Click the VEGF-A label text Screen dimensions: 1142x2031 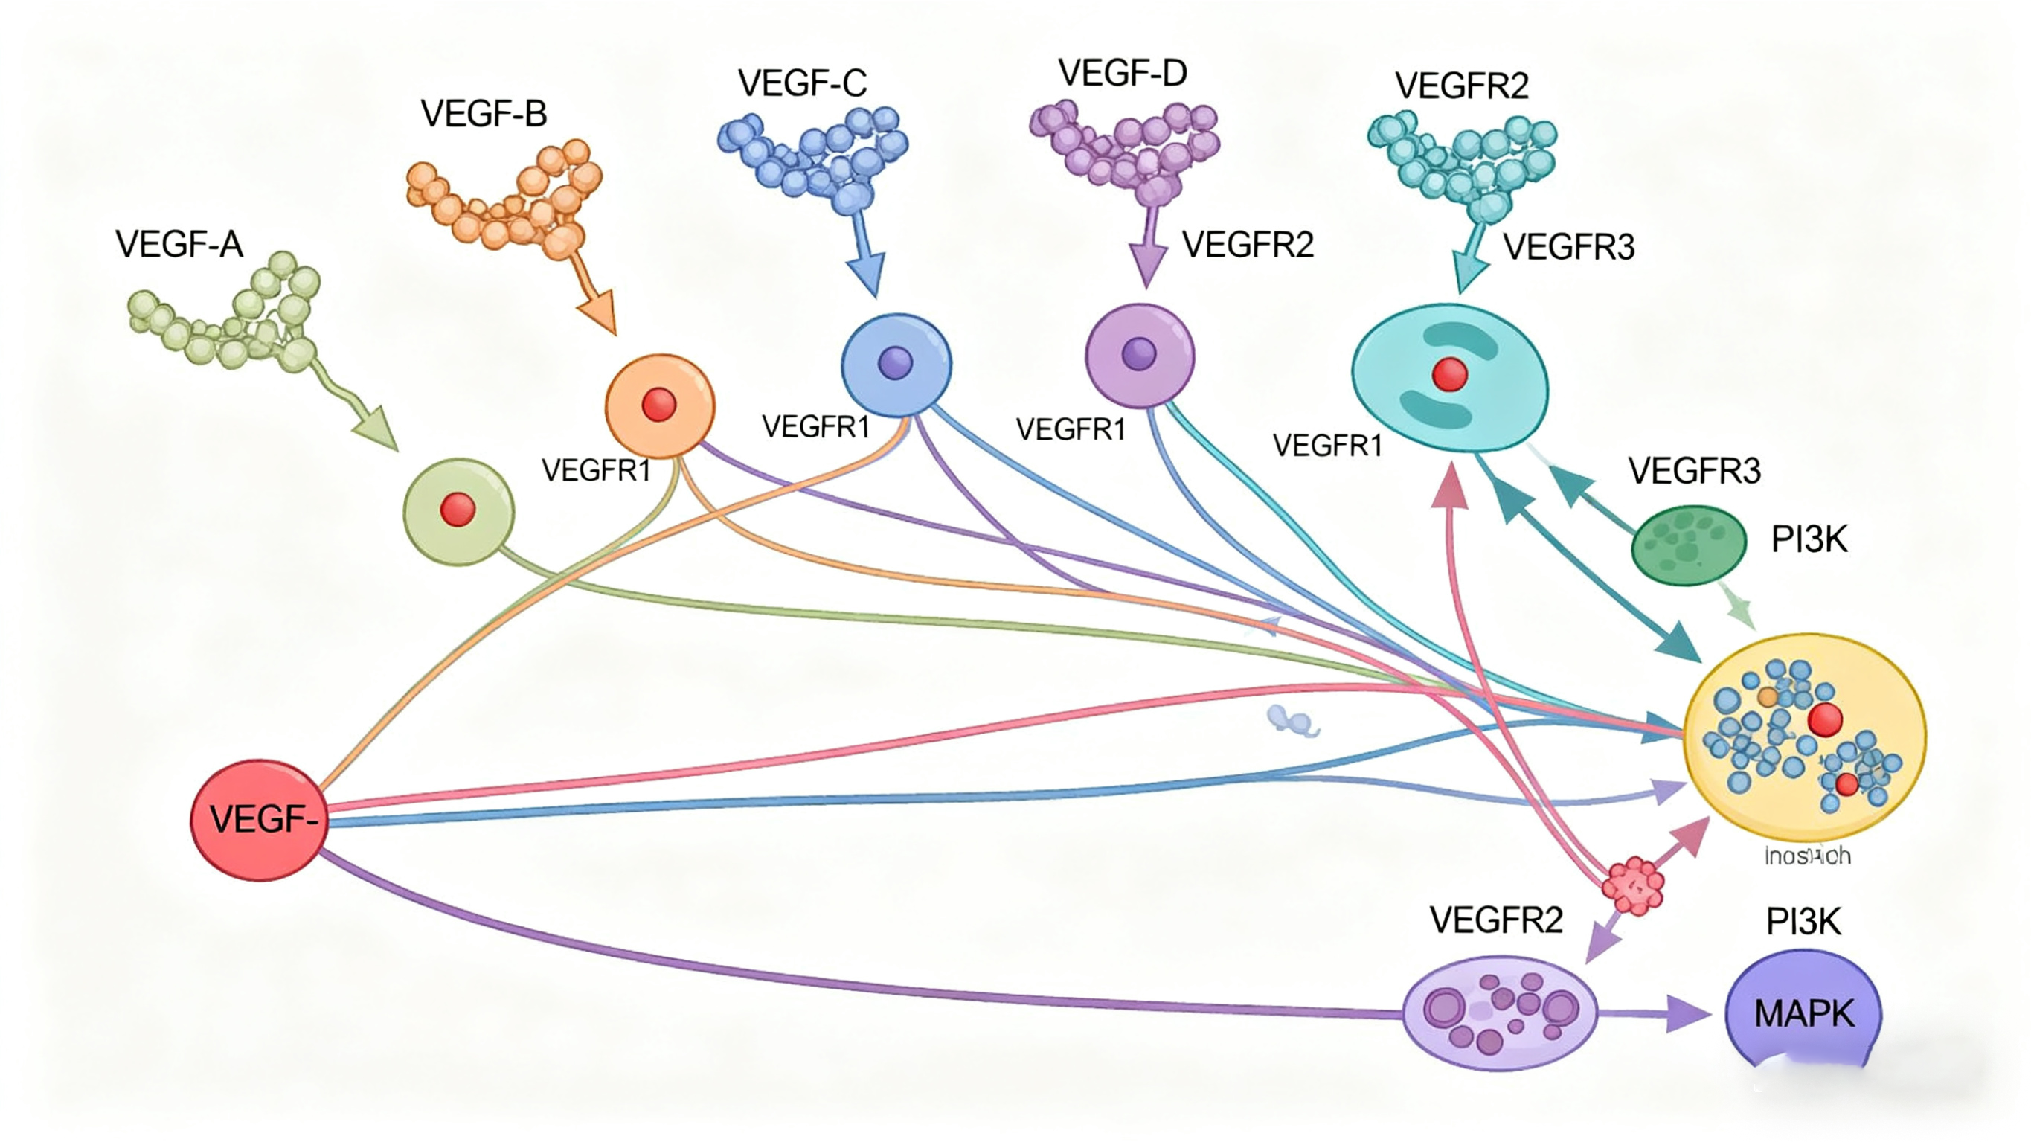(179, 245)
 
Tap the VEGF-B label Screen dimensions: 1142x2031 (484, 115)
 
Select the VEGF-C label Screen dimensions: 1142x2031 (802, 83)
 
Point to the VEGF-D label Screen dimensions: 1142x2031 (1122, 74)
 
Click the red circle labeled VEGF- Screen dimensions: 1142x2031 (259, 820)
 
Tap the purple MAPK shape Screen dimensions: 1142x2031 (1803, 1013)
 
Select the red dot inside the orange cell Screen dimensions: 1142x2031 (659, 405)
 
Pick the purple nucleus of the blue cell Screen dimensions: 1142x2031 (895, 364)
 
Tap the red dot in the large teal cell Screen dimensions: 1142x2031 (1449, 375)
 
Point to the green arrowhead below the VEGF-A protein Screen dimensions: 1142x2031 (378, 429)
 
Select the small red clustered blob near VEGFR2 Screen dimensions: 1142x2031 (1634, 887)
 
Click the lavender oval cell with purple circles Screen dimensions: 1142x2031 (1500, 1013)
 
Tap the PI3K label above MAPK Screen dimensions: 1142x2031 (1803, 922)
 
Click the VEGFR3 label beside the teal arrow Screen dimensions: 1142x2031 (1568, 248)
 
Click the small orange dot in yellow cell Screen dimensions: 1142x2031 (1768, 697)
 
